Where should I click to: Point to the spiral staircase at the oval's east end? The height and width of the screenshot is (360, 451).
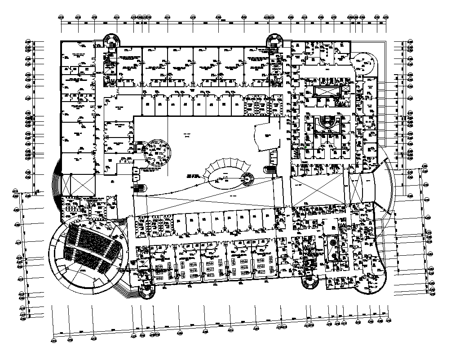tap(247, 178)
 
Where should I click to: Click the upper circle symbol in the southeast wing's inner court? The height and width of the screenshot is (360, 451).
tap(332, 242)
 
